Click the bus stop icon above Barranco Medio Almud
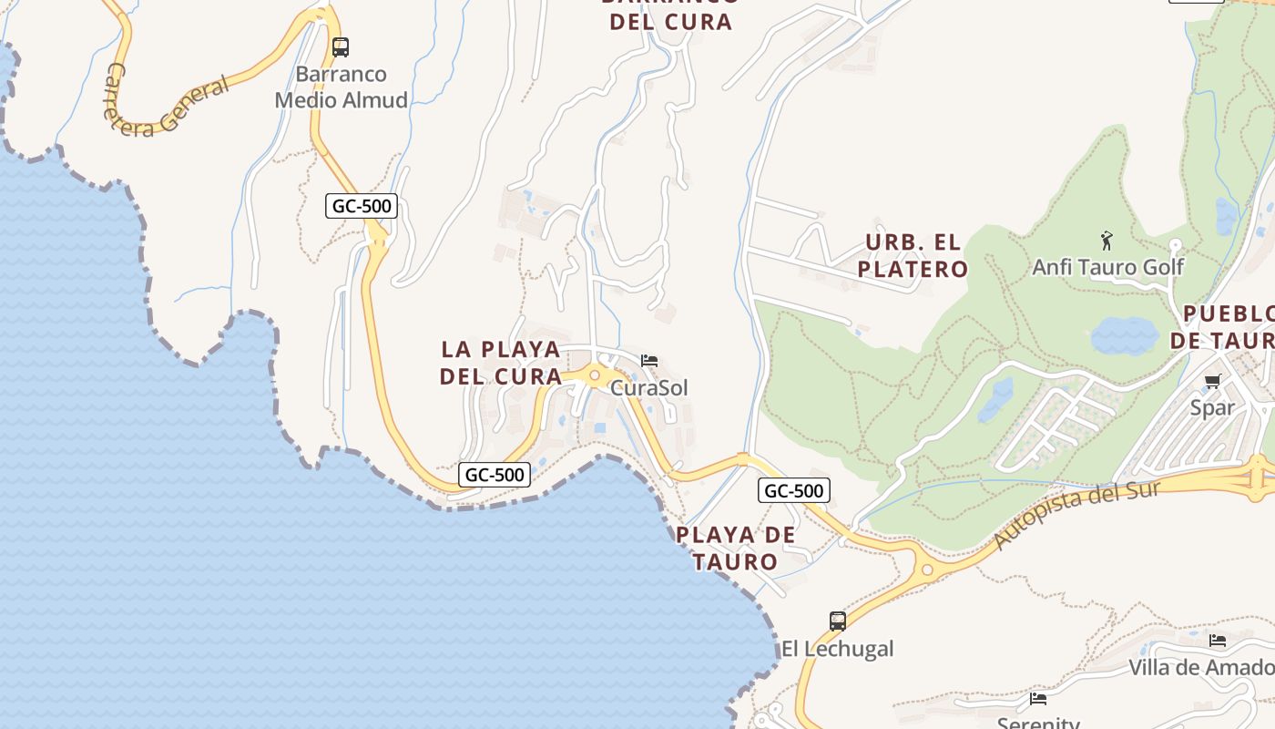point(341,46)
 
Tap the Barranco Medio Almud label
point(342,87)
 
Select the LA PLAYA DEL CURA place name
point(501,363)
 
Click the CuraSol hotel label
point(648,388)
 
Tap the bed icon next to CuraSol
point(649,361)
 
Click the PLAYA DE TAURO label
point(736,549)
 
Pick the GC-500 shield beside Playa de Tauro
point(794,491)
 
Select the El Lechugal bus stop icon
point(838,621)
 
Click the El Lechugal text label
point(838,649)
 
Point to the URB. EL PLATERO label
point(913,256)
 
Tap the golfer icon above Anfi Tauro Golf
point(1107,241)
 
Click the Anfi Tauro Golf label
point(1107,267)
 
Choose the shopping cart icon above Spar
point(1212,381)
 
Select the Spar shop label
point(1212,407)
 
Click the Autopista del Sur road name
point(1076,515)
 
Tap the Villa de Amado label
point(1201,668)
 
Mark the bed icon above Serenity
point(1038,699)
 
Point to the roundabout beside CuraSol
point(595,375)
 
